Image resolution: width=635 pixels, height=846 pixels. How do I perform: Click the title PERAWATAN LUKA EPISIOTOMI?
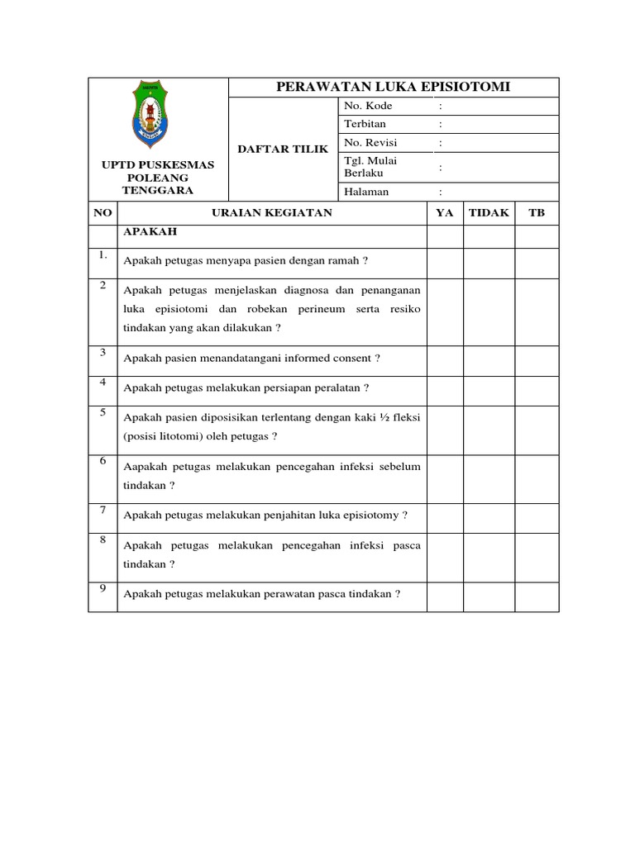click(x=393, y=88)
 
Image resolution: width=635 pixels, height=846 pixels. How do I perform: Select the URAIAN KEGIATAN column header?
click(x=271, y=212)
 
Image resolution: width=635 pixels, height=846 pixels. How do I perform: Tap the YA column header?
click(x=445, y=212)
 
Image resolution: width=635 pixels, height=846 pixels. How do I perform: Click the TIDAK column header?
click(x=489, y=212)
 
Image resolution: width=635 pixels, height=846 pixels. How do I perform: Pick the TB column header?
click(x=537, y=212)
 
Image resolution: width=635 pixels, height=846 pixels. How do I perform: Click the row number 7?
click(x=103, y=510)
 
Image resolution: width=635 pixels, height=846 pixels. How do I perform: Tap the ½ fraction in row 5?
click(x=380, y=418)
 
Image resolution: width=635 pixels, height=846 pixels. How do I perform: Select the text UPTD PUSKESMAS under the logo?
click(x=157, y=164)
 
